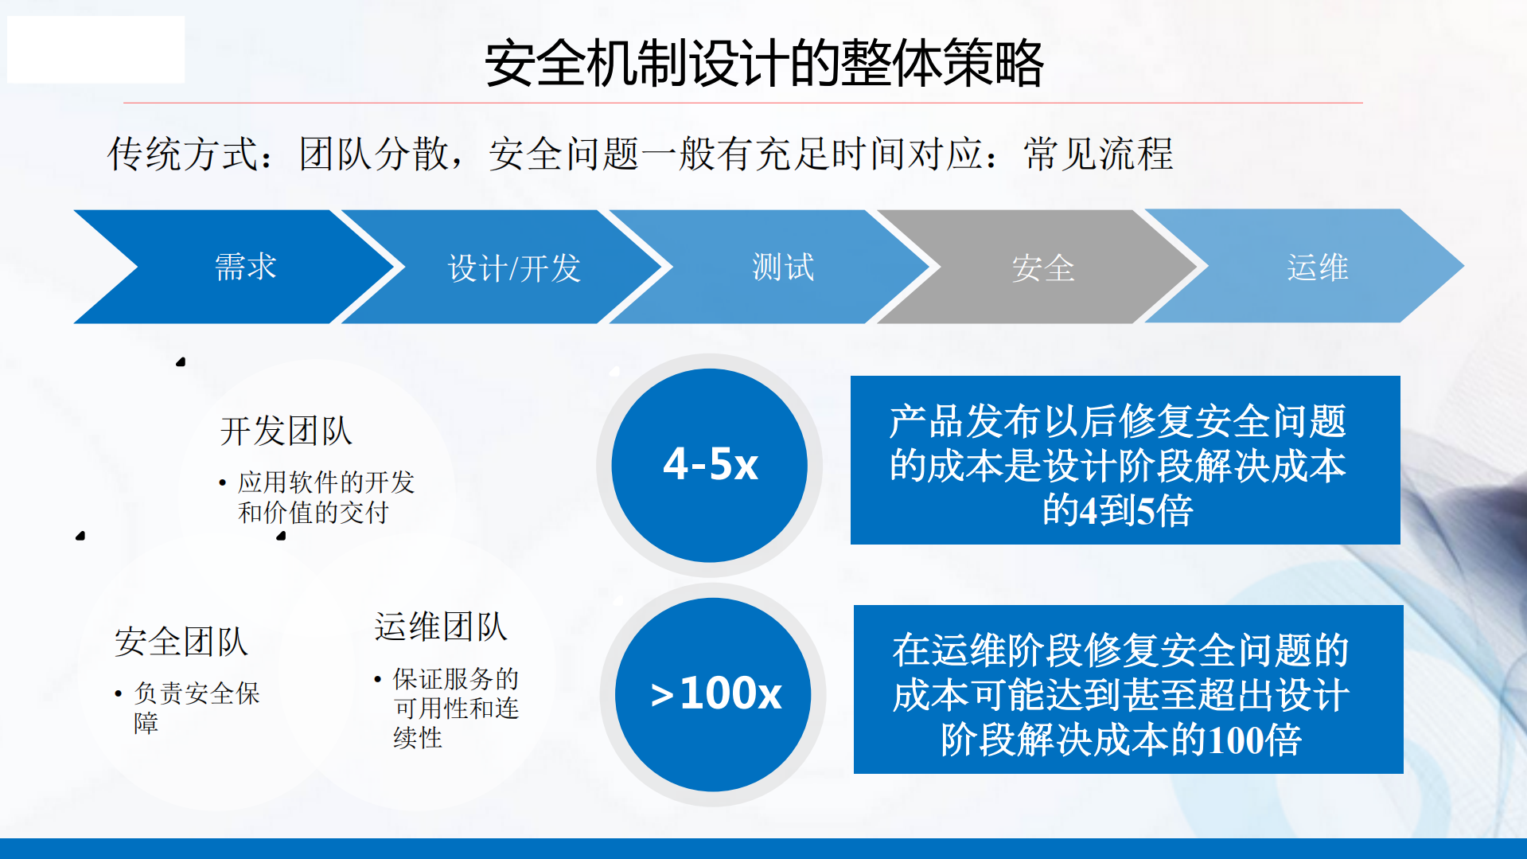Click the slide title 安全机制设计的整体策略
coord(764,64)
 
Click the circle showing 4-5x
coord(710,465)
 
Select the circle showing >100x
coord(714,694)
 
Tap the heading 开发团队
coord(286,431)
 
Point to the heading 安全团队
coord(181,642)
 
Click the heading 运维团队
coord(440,627)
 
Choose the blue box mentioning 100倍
coord(1128,689)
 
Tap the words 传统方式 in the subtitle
coord(184,154)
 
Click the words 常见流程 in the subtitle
coord(1098,154)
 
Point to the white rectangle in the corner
coord(95,49)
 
